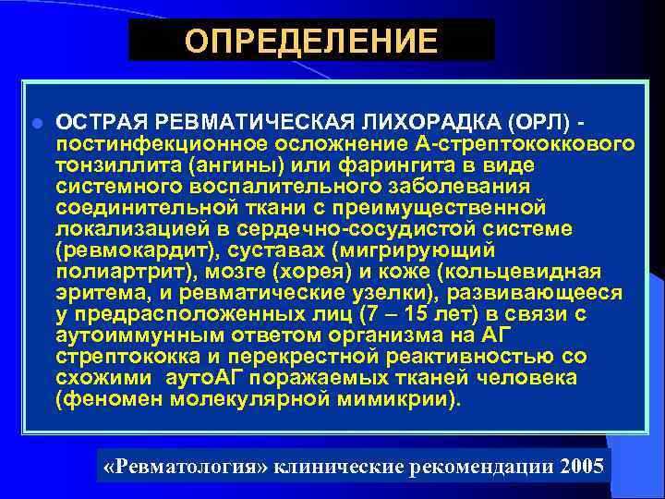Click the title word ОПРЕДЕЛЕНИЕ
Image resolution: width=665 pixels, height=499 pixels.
[310, 42]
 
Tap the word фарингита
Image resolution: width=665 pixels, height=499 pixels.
[393, 164]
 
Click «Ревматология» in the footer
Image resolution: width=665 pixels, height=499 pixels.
[188, 465]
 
